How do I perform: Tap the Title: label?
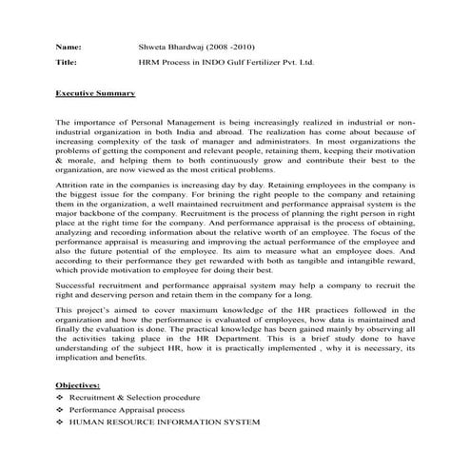tap(67, 63)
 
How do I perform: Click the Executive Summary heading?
tap(95, 94)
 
